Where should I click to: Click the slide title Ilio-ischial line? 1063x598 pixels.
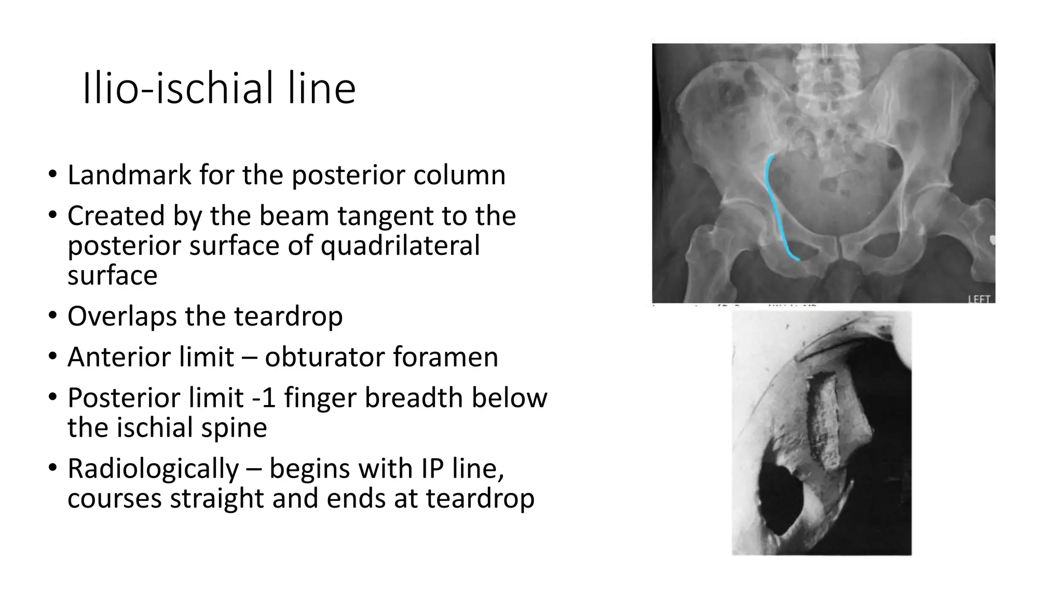tap(219, 88)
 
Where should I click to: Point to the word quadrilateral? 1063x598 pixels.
tap(400, 245)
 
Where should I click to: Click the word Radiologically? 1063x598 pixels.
tap(153, 468)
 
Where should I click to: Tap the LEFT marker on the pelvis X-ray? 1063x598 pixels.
tap(979, 299)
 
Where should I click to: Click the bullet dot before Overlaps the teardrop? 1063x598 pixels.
tap(52, 316)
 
